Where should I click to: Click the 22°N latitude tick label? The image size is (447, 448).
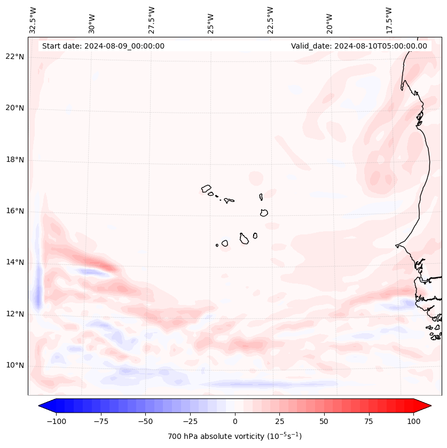pos(15,57)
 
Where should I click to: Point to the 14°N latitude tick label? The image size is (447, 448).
pos(15,262)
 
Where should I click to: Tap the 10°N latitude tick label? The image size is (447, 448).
pos(15,365)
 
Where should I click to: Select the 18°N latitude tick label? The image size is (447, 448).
pos(15,160)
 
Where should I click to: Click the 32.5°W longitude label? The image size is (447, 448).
pos(33,20)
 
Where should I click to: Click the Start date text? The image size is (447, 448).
pos(103,46)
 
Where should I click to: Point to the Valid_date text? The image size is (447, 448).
pos(359,46)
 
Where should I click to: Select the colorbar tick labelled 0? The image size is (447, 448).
pos(235,421)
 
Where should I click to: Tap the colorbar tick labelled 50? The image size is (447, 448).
pos(324,421)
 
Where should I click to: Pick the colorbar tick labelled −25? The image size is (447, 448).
pos(190,421)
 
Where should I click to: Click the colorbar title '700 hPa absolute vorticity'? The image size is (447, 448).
pos(234,437)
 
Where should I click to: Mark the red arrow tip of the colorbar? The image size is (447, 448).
pos(430,406)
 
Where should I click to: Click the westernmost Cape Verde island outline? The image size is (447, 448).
pos(206,188)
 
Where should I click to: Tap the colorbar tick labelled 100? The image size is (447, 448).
pos(413,421)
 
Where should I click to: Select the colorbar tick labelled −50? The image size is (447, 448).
pos(145,421)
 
